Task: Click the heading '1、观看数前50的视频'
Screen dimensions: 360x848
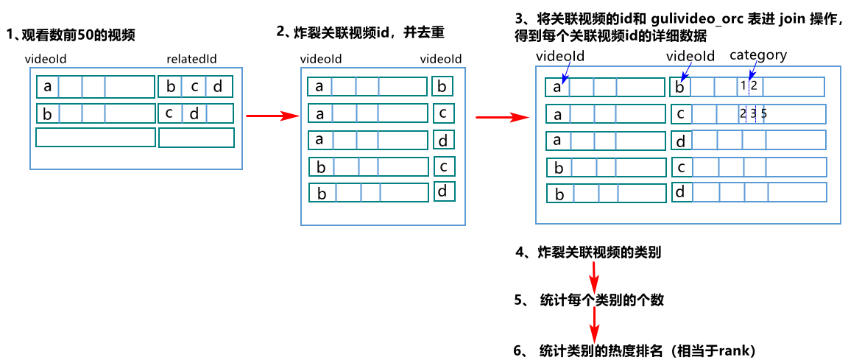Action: point(71,35)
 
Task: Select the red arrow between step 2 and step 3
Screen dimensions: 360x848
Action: point(501,116)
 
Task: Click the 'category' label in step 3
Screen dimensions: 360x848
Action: point(757,55)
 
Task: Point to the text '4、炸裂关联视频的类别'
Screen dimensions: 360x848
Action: point(588,253)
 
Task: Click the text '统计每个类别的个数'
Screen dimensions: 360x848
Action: point(601,300)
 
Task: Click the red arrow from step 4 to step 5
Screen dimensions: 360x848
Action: point(594,277)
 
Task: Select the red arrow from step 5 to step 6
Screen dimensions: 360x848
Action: point(594,325)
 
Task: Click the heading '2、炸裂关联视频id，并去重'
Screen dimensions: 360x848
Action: point(360,32)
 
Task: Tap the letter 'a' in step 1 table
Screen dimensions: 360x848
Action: point(48,87)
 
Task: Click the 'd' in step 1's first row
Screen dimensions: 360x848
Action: point(217,87)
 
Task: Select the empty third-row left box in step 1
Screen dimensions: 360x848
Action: point(96,137)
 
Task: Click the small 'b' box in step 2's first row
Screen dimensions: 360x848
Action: point(442,87)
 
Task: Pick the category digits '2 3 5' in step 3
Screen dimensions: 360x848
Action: point(753,113)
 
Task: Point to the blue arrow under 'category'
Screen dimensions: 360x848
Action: point(751,71)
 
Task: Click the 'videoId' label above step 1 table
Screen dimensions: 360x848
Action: point(46,58)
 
